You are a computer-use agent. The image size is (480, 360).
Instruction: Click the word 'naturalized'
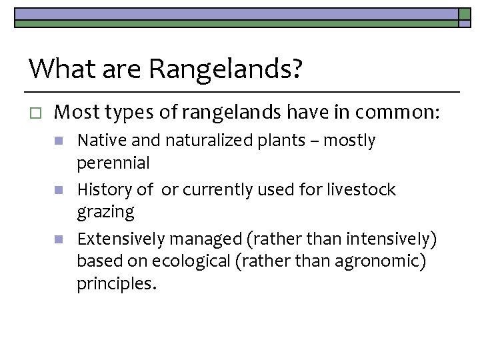(197, 141)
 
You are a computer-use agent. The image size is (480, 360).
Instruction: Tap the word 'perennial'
(113, 163)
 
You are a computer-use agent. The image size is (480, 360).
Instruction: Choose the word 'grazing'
(105, 213)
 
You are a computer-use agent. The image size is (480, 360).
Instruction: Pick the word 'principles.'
(117, 285)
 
